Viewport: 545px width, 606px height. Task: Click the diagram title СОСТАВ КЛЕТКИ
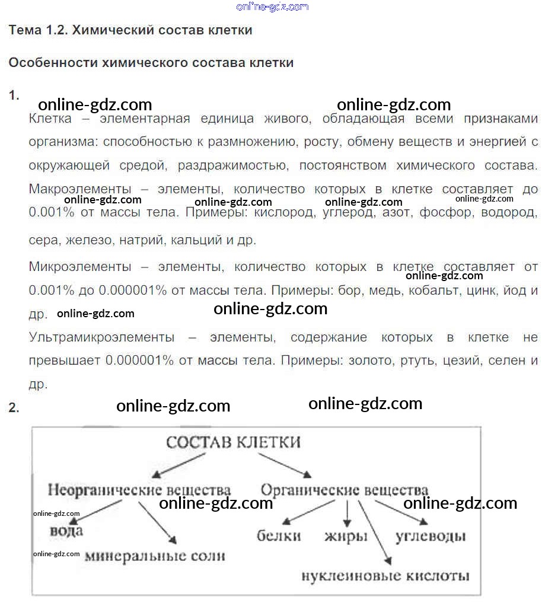click(233, 442)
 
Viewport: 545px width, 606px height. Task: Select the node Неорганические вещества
click(139, 490)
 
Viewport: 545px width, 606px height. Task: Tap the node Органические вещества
click(345, 490)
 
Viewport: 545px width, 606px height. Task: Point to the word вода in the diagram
click(66, 530)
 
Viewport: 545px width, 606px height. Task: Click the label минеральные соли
click(155, 556)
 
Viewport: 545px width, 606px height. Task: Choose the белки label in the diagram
click(279, 536)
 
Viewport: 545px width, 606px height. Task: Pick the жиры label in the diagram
click(346, 536)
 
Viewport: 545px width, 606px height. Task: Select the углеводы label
click(431, 536)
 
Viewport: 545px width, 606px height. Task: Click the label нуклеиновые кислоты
click(385, 575)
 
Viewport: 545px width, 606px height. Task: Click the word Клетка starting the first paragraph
click(50, 119)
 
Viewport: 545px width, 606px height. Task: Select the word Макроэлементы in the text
click(80, 190)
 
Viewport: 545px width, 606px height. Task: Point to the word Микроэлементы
click(80, 267)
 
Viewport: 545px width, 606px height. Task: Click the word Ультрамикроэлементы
click(102, 337)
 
